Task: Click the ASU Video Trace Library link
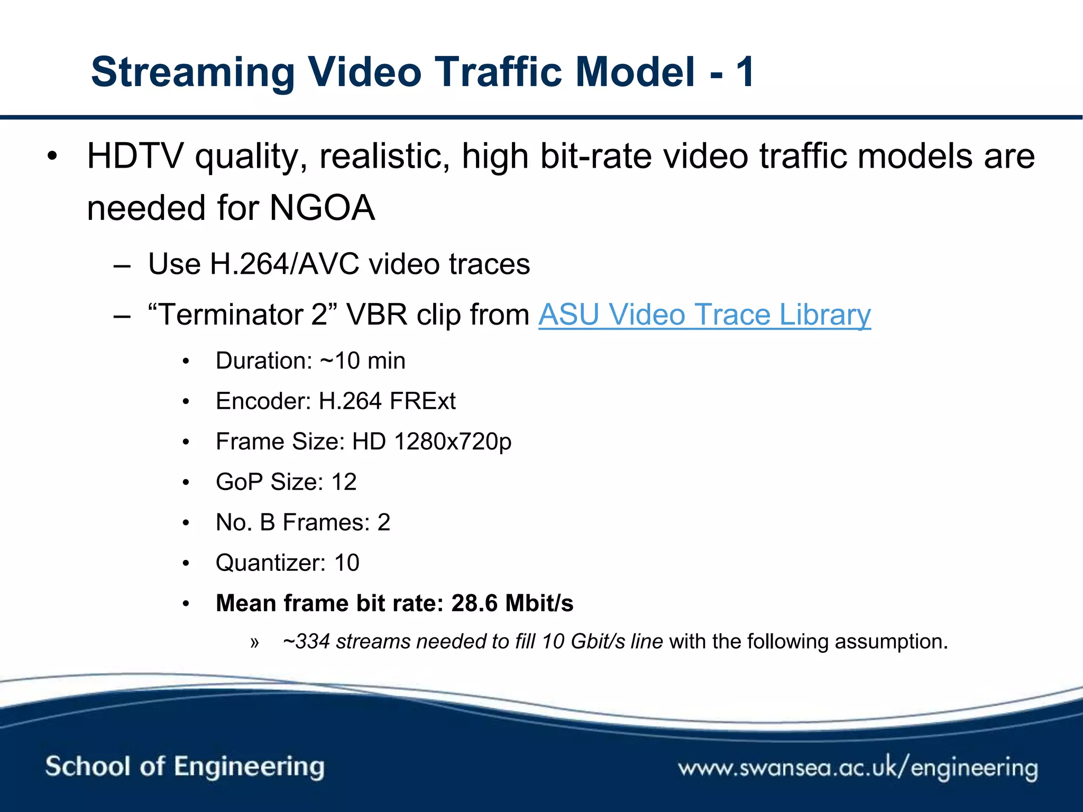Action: (x=704, y=315)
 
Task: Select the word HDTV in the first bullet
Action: (x=135, y=156)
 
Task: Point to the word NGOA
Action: (x=322, y=208)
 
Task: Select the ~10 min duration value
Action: (x=363, y=361)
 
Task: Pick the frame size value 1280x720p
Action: (x=453, y=442)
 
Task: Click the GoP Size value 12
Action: (x=344, y=482)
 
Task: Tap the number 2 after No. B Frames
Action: (x=383, y=522)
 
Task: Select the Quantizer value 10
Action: (x=346, y=563)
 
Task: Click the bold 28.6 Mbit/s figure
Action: (x=512, y=603)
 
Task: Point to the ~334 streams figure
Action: (x=346, y=642)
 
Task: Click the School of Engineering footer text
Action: (x=185, y=767)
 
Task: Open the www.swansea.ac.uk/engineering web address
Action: (x=858, y=768)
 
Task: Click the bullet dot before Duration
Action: (x=186, y=362)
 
